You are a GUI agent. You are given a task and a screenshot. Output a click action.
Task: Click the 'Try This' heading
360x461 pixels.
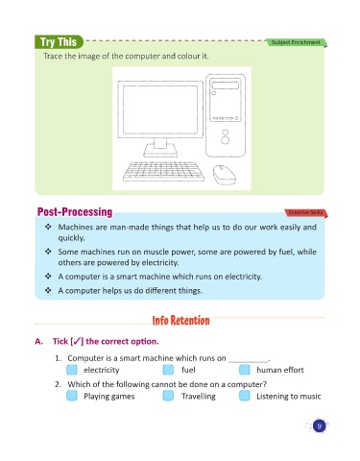coord(59,42)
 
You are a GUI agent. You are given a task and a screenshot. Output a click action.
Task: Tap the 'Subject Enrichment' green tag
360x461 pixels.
coord(296,42)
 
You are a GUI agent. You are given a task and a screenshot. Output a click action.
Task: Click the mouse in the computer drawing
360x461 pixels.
coord(224,175)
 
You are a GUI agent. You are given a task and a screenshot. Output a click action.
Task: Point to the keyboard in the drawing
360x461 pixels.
coord(163,171)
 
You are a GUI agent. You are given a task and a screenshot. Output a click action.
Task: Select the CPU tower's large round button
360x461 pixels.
coord(226,140)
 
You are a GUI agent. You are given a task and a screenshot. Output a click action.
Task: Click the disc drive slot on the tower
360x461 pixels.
coord(226,85)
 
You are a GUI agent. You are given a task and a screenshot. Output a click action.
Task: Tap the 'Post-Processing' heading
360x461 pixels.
coord(75,212)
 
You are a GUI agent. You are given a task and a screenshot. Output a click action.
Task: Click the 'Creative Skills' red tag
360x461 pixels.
coord(305,212)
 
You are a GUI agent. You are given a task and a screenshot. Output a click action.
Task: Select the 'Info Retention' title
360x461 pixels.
coord(180,321)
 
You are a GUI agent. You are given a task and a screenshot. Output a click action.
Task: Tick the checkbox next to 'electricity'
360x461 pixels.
coord(72,370)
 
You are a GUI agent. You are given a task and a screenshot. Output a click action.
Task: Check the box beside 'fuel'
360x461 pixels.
coord(168,370)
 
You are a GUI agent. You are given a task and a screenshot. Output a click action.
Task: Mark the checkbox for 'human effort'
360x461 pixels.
coord(245,370)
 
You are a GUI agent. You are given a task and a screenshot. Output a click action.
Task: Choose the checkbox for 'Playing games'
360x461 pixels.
coord(72,396)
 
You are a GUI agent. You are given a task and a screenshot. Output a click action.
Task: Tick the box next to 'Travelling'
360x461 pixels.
coord(168,396)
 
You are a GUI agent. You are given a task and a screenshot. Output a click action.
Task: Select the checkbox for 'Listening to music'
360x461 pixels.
coord(245,396)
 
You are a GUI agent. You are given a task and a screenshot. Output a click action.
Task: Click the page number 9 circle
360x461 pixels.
coord(319,425)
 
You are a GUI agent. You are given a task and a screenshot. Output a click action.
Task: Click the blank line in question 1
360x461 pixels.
coord(249,362)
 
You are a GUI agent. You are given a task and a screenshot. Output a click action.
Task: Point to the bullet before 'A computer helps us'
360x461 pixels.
coord(48,290)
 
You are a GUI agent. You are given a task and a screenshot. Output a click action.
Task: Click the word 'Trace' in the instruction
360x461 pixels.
coord(53,56)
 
